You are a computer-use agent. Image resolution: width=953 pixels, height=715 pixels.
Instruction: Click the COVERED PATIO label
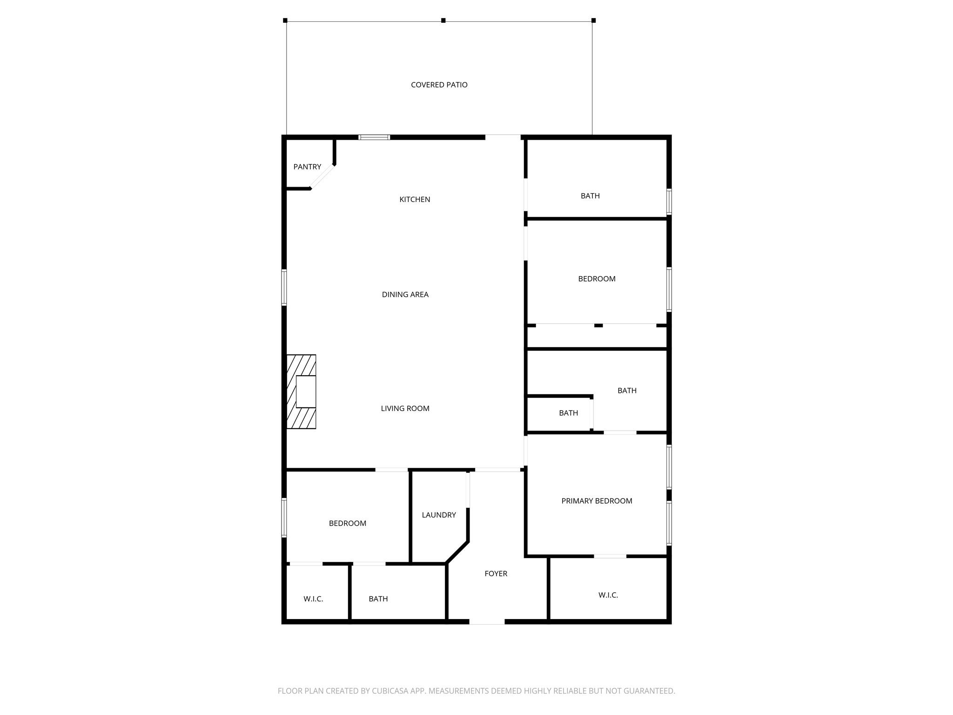click(439, 85)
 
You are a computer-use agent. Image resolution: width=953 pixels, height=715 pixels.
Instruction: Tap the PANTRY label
click(307, 167)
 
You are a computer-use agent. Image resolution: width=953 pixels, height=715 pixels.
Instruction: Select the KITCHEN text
click(415, 199)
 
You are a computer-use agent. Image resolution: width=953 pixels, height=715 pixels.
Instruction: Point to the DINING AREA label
click(405, 294)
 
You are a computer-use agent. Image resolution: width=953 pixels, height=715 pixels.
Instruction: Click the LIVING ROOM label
click(405, 408)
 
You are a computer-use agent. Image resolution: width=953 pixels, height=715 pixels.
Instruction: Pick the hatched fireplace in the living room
click(301, 391)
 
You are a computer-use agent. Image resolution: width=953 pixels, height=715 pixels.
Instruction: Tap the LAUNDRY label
click(438, 515)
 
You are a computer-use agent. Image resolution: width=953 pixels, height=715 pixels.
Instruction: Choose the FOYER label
click(496, 573)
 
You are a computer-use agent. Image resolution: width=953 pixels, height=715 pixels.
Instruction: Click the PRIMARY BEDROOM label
click(597, 501)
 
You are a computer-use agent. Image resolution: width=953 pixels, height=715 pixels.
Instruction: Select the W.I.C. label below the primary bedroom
click(608, 595)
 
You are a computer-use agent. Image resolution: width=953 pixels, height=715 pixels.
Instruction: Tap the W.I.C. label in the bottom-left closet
click(313, 599)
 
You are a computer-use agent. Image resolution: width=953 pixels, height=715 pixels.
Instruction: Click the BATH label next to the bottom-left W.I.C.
click(378, 599)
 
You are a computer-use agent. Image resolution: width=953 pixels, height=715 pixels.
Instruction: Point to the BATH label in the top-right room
click(590, 196)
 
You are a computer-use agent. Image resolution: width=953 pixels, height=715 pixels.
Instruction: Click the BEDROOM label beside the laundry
click(347, 523)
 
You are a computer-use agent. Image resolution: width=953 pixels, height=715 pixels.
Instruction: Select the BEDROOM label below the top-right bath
click(597, 279)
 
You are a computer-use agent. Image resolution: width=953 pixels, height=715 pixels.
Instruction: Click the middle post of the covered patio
click(443, 20)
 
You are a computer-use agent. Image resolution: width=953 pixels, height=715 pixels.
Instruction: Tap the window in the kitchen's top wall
click(374, 137)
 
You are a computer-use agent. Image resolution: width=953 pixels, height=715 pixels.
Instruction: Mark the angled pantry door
click(322, 177)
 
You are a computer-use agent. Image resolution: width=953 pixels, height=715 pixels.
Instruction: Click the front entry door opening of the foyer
click(487, 621)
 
